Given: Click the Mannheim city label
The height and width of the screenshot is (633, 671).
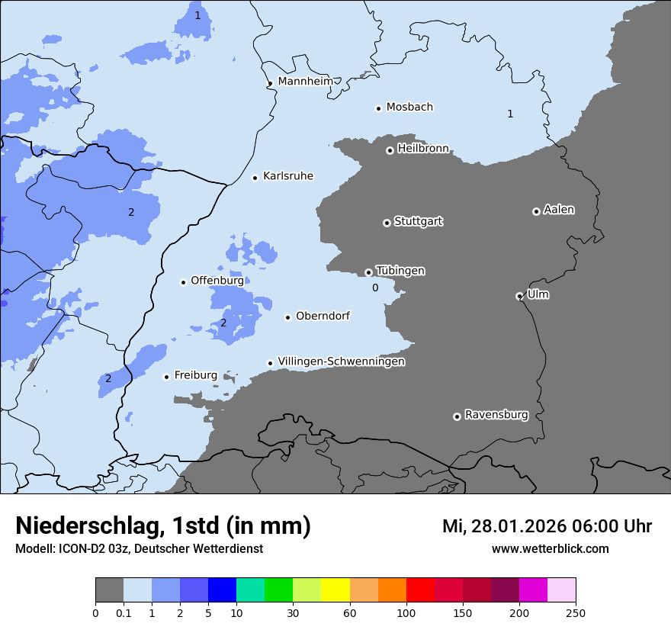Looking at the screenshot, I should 305,81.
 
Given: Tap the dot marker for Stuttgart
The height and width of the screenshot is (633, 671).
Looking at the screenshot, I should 387,223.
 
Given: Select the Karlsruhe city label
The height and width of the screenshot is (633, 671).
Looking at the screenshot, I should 287,176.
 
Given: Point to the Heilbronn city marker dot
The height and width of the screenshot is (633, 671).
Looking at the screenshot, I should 390,150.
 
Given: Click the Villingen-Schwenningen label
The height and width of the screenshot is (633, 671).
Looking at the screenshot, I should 341,361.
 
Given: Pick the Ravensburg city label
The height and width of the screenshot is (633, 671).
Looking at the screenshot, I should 496,415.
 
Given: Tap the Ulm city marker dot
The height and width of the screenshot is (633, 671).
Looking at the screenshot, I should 519,296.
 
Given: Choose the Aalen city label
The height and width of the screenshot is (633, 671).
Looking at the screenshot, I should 558,210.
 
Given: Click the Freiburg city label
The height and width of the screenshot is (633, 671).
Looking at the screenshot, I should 195,375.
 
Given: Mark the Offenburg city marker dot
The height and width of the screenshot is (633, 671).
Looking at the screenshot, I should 183,282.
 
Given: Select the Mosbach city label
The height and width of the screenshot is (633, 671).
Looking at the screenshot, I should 409,107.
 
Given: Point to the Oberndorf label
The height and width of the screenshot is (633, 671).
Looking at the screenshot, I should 323,316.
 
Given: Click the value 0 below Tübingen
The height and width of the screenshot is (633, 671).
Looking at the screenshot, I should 375,288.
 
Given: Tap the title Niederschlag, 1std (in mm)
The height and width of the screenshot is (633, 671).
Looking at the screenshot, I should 162,525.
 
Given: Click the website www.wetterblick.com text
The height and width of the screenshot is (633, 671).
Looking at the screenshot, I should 550,548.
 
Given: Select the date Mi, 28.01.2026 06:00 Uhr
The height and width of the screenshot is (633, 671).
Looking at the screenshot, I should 547,526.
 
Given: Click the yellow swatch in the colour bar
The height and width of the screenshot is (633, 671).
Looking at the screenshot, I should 335,590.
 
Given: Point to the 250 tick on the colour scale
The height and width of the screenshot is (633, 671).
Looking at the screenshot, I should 575,612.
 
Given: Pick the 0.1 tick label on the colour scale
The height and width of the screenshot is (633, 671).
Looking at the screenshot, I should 124,612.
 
